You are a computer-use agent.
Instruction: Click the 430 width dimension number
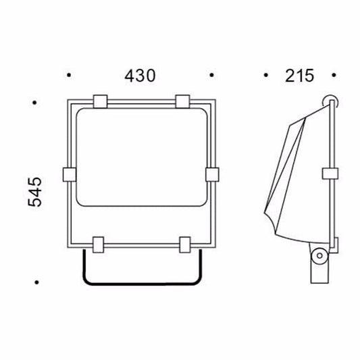tap(140, 76)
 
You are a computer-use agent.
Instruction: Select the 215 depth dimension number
tap(299, 76)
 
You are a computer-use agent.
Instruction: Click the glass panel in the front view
tap(140, 159)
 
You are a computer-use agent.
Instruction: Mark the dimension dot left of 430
tap(68, 76)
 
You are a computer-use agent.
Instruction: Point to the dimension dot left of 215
tap(266, 76)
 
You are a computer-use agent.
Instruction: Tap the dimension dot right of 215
tap(334, 76)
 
